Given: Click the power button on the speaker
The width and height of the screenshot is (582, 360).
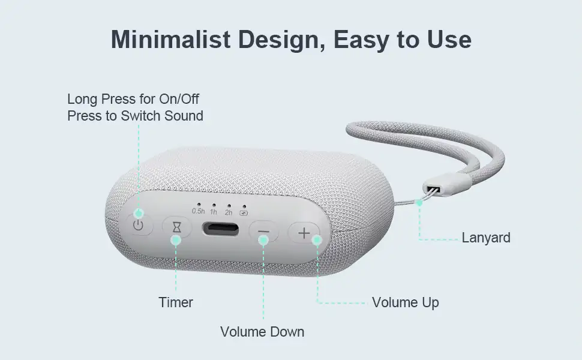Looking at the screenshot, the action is pos(138,224).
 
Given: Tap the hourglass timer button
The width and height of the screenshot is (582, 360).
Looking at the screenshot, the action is pos(176,227).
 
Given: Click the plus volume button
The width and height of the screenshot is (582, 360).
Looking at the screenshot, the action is pos(304,233).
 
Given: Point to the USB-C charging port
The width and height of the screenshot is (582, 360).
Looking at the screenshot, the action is pos(220,229).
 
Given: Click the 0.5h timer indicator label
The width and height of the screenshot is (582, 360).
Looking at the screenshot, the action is pos(198,211).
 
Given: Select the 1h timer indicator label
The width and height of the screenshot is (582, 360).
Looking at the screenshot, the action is pos(214,212).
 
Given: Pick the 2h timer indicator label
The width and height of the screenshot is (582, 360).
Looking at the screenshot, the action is pos(229,212).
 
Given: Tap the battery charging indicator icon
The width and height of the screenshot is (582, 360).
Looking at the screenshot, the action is pos(244,213).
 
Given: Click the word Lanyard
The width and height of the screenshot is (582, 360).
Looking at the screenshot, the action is pos(486,238).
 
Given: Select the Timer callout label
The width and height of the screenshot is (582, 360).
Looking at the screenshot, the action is pos(176,302).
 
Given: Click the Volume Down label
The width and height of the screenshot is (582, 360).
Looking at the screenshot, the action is pos(262,331).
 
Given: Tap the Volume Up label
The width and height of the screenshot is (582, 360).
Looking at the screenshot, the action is pos(406,302).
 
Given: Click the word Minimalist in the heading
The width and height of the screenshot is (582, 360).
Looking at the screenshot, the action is pos(171,40).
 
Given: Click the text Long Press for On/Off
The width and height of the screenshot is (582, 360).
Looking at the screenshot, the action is pos(133,99).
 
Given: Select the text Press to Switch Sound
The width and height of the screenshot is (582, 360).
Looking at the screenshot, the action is pos(135,116).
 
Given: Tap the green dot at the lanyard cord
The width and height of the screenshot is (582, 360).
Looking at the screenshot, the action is pos(419,203).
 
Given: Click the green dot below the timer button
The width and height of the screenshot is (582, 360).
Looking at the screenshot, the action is pos(176,240).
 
